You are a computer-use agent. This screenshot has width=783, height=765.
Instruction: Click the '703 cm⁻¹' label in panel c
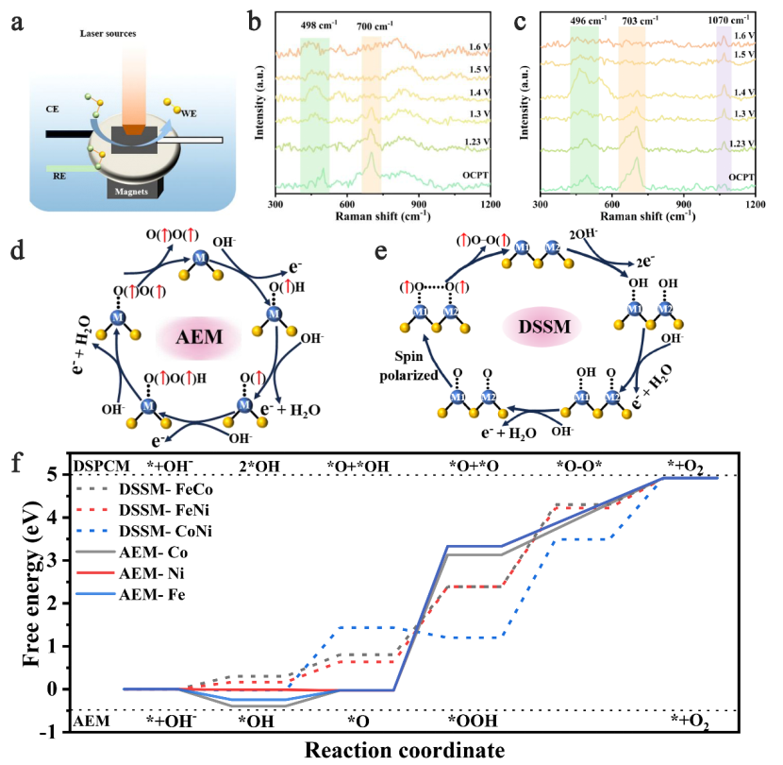(x=636, y=19)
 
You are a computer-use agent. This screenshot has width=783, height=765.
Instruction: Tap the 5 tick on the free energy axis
(x=58, y=475)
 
